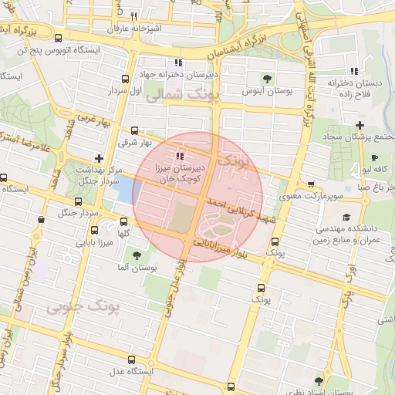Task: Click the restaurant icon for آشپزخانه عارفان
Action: pos(133,16)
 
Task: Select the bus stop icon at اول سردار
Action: pos(125,79)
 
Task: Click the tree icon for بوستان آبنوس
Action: pos(267,78)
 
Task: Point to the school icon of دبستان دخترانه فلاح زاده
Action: pos(353,71)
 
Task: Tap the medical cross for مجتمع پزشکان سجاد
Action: pos(360,125)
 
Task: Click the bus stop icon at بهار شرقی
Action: pos(135,130)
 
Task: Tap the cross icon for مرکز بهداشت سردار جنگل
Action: pos(97,157)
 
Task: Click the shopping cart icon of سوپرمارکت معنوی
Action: pos(310,185)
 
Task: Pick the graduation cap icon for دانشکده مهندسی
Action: pos(346,218)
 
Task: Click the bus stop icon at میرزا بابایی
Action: pos(94,229)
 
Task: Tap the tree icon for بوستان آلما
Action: pos(137,255)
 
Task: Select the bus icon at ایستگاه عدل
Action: pos(130,360)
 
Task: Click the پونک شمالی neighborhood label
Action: pos(182,96)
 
